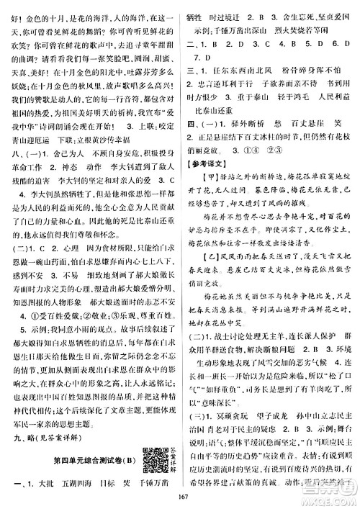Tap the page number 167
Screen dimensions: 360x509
[180, 501]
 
